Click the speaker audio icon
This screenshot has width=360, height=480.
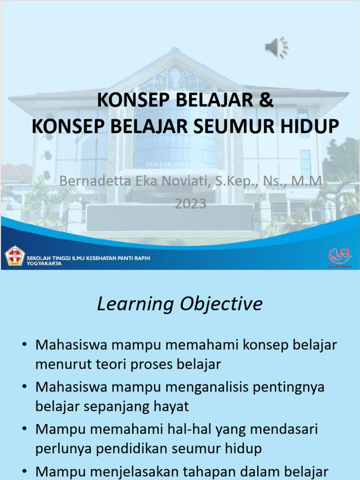coord(277,47)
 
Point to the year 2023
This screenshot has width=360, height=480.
coord(190,204)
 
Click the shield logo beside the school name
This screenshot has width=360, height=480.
coord(14,256)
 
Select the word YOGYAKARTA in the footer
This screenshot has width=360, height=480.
coord(44,263)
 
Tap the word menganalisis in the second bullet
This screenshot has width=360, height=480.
coord(199,387)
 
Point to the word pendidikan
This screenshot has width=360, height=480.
coord(143,449)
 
